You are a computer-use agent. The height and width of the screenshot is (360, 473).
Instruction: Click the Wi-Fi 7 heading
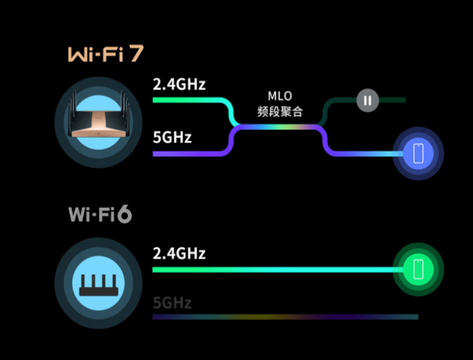point(105,55)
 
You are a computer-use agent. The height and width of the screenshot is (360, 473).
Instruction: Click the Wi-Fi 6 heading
point(100,215)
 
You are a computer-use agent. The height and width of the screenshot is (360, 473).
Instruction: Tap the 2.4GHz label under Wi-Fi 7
point(179,84)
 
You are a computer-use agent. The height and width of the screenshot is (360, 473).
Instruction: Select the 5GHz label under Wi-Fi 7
point(172,137)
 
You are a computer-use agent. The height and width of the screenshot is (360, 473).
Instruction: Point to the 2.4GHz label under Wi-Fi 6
point(179,254)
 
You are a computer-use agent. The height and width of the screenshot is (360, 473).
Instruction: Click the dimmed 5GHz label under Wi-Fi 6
point(172,303)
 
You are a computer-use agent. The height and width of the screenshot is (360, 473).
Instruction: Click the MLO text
point(279,96)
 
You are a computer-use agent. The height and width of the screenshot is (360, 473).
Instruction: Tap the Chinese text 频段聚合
point(279,112)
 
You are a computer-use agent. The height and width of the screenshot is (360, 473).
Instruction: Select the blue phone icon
point(418,154)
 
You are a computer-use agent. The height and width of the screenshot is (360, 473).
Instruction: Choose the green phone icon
point(418,269)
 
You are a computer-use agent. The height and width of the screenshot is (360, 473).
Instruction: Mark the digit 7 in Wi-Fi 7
point(136,54)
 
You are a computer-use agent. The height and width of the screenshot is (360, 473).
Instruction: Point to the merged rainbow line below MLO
point(279,126)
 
